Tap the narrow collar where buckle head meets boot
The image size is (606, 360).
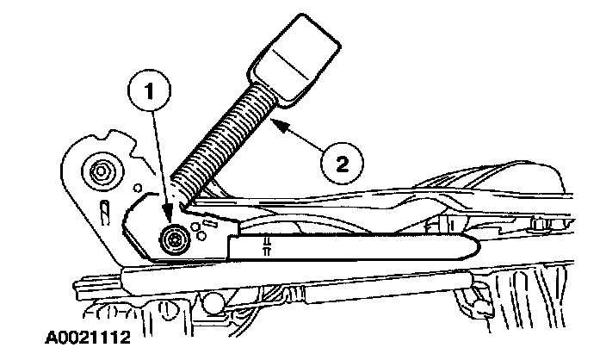(258, 78)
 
